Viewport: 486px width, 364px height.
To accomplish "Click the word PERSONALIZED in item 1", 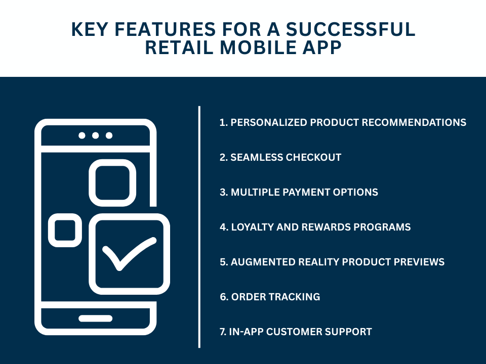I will pyautogui.click(x=269, y=122).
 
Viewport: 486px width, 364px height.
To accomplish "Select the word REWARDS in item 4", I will pyautogui.click(x=323, y=227).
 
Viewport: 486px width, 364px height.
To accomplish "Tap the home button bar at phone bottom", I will pyautogui.click(x=95, y=318).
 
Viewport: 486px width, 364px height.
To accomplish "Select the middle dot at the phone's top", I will pyautogui.click(x=95, y=135).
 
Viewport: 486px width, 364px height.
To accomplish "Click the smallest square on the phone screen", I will pyautogui.click(x=65, y=230).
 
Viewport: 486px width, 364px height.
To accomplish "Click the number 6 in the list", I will pyautogui.click(x=223, y=297).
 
